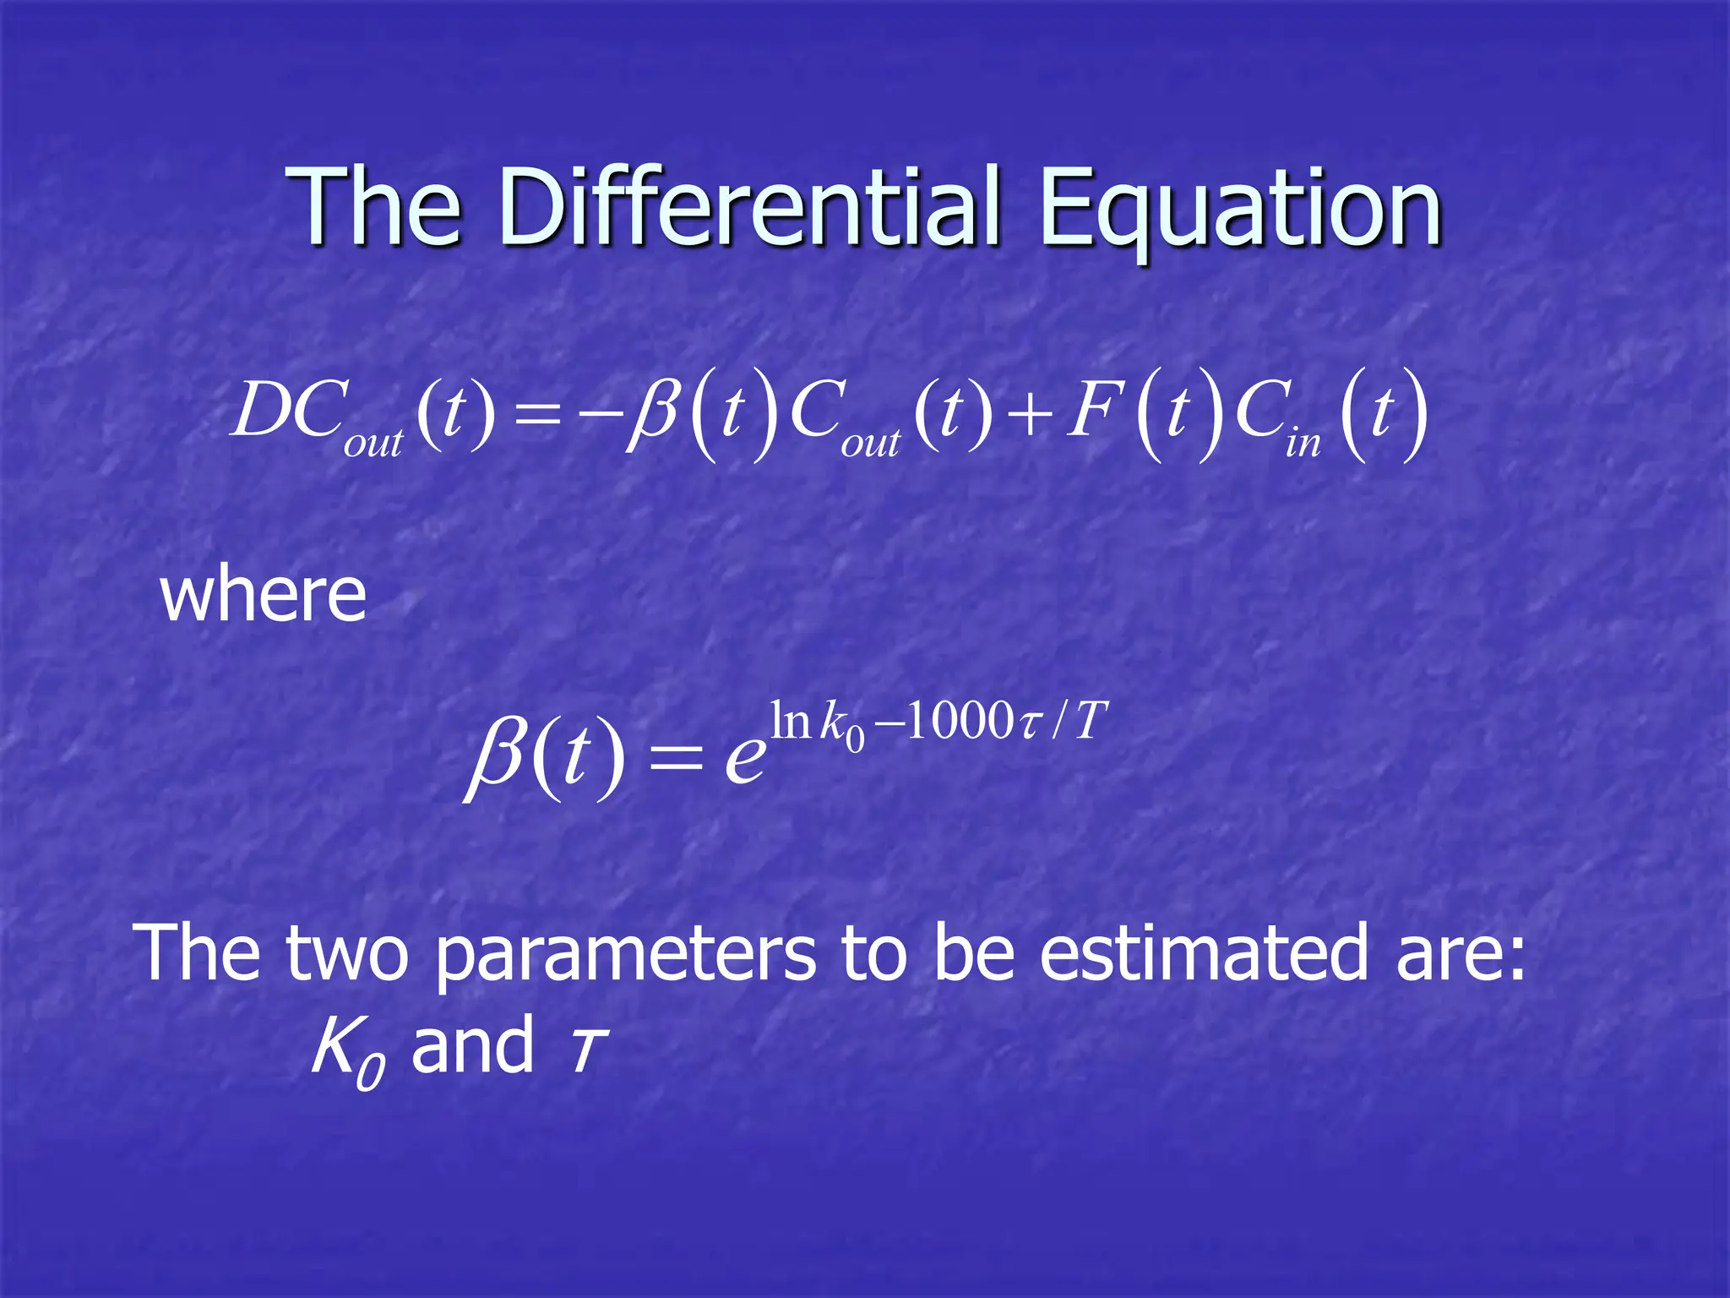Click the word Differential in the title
748,207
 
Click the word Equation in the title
1240,207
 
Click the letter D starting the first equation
259,411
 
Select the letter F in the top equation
1090,411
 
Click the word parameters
626,954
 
